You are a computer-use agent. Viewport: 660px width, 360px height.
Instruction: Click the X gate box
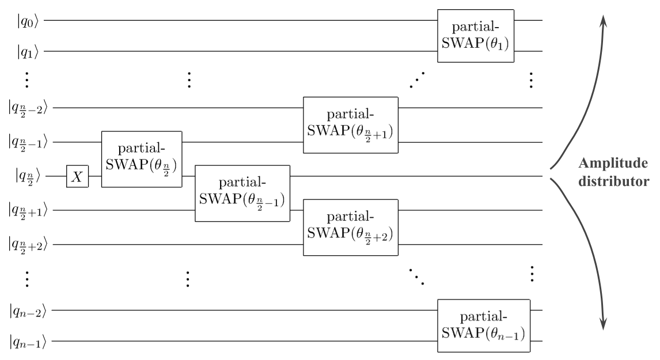click(x=77, y=177)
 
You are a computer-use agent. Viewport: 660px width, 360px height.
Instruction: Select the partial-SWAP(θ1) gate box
click(x=476, y=36)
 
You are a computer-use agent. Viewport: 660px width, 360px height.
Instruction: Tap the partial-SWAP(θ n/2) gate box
click(x=142, y=159)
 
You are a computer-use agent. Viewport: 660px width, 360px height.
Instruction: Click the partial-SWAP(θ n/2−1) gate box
click(x=242, y=193)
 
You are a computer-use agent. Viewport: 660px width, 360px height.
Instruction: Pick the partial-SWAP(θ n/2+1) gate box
click(x=351, y=124)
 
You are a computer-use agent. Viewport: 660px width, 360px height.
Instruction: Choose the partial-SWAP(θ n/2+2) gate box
click(x=351, y=227)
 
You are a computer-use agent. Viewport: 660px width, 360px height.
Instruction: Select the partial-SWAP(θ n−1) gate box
click(x=483, y=325)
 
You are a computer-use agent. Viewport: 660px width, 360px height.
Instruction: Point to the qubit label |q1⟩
click(x=28, y=52)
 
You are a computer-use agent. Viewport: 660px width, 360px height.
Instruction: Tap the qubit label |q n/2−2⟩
click(x=30, y=108)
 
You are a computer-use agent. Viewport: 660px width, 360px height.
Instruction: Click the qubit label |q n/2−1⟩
click(x=30, y=142)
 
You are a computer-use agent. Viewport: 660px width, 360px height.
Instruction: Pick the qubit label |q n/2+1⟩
click(x=30, y=211)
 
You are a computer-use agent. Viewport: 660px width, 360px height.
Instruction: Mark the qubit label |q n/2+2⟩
click(x=30, y=245)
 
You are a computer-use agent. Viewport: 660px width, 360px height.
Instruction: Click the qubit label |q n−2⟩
click(x=28, y=312)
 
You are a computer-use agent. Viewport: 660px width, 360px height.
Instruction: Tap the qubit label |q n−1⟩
click(x=28, y=344)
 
